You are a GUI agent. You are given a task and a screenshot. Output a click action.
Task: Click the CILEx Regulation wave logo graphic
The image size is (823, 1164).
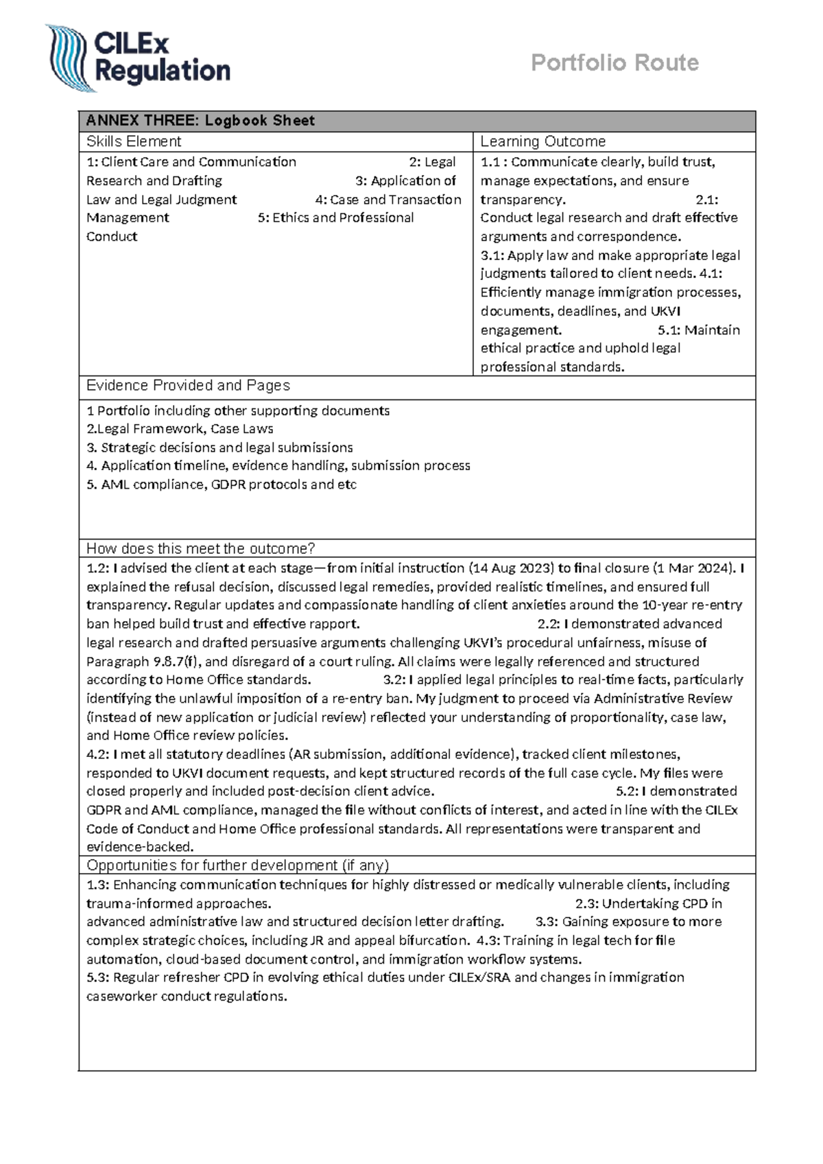(68, 58)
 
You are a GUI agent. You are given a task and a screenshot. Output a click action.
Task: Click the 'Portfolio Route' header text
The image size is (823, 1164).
(615, 63)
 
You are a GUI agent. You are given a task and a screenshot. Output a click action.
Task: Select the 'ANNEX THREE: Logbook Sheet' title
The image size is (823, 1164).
(200, 121)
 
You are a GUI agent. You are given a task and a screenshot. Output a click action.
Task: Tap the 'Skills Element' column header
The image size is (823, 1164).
(134, 142)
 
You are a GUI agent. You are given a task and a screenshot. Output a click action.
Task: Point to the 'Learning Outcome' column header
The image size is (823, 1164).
(542, 142)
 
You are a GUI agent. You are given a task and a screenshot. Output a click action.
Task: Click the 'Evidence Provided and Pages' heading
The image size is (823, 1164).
(188, 386)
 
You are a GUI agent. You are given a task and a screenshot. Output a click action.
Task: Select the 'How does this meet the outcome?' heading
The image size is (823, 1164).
(200, 548)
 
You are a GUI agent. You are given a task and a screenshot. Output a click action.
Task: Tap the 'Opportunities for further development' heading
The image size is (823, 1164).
(237, 865)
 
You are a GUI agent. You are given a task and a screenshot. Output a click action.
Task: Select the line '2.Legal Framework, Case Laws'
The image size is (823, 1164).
(180, 429)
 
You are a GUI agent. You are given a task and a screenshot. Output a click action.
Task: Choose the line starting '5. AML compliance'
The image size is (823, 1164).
(221, 485)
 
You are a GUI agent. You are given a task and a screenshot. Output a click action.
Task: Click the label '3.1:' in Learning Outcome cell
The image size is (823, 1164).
(492, 255)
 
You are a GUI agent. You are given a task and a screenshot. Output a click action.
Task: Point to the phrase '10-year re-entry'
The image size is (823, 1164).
(691, 605)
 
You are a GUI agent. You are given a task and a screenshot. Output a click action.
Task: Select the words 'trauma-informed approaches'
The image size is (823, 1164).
(178, 903)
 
